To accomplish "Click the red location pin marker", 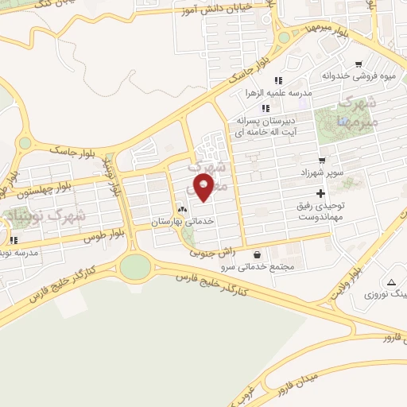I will click(x=204, y=187).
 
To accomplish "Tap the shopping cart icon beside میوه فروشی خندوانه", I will click(x=359, y=65).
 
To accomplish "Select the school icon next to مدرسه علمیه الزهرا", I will click(x=278, y=80).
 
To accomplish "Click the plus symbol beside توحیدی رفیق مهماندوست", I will click(x=320, y=193).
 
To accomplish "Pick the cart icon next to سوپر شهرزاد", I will click(x=321, y=160).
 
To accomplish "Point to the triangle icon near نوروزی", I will click(x=391, y=282).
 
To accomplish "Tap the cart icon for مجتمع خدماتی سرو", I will click(x=263, y=255).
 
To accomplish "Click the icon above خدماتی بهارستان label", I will click(x=183, y=209).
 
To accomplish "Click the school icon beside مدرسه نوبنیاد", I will click(x=13, y=240).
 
